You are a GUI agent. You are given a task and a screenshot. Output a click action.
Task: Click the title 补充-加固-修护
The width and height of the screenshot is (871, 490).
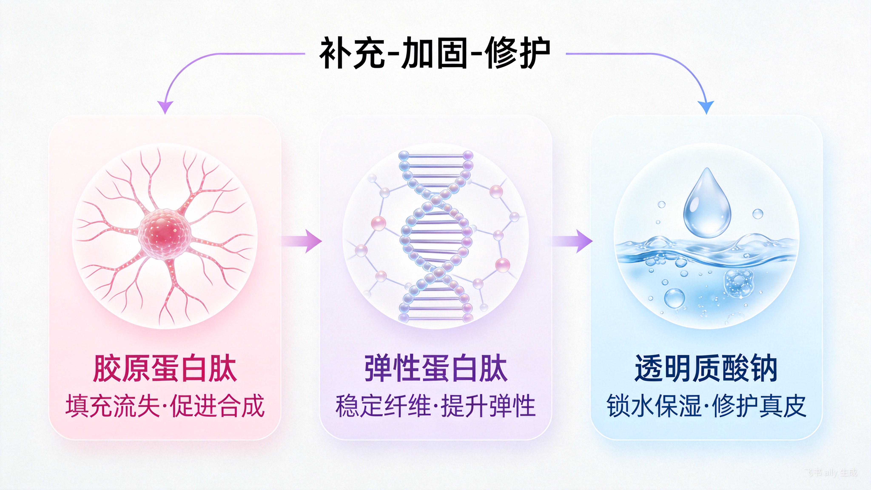click(x=435, y=53)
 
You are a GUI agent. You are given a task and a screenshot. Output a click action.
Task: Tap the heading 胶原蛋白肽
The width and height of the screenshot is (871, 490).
click(x=165, y=369)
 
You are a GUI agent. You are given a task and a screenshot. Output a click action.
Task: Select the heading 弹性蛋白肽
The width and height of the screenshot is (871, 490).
click(x=436, y=369)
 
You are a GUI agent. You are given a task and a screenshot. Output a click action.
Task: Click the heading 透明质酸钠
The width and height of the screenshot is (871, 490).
click(x=706, y=369)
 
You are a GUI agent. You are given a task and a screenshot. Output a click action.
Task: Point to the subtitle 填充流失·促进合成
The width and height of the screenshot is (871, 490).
click(x=165, y=406)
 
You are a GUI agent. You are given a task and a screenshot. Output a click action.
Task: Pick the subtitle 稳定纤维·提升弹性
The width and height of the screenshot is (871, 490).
click(x=436, y=406)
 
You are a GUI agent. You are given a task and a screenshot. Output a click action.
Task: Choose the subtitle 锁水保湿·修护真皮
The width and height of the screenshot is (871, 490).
click(x=706, y=406)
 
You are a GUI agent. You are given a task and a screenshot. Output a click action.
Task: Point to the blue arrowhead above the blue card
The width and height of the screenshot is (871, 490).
click(x=706, y=107)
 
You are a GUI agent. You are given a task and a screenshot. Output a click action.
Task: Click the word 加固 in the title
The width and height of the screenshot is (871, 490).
click(x=434, y=53)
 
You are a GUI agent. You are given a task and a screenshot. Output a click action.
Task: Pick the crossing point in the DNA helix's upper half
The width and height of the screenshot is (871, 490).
click(x=436, y=199)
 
